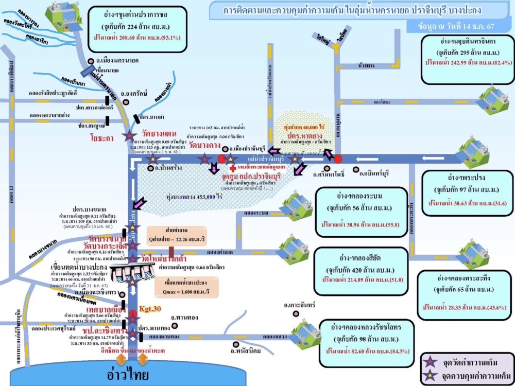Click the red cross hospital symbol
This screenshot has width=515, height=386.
point(233,168)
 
